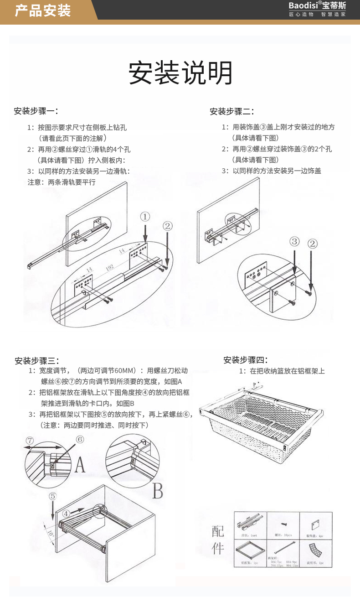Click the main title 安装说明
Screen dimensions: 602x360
180,73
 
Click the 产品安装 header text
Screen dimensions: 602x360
43,10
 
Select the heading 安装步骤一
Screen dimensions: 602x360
36,111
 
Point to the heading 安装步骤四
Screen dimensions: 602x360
245,360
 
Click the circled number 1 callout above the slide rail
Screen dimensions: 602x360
144,217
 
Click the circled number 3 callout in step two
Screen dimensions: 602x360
295,241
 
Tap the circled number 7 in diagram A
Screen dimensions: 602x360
30,441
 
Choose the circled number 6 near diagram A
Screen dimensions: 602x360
80,440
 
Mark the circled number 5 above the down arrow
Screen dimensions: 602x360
53,496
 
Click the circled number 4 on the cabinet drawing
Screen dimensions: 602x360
67,514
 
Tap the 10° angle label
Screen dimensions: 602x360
50,532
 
